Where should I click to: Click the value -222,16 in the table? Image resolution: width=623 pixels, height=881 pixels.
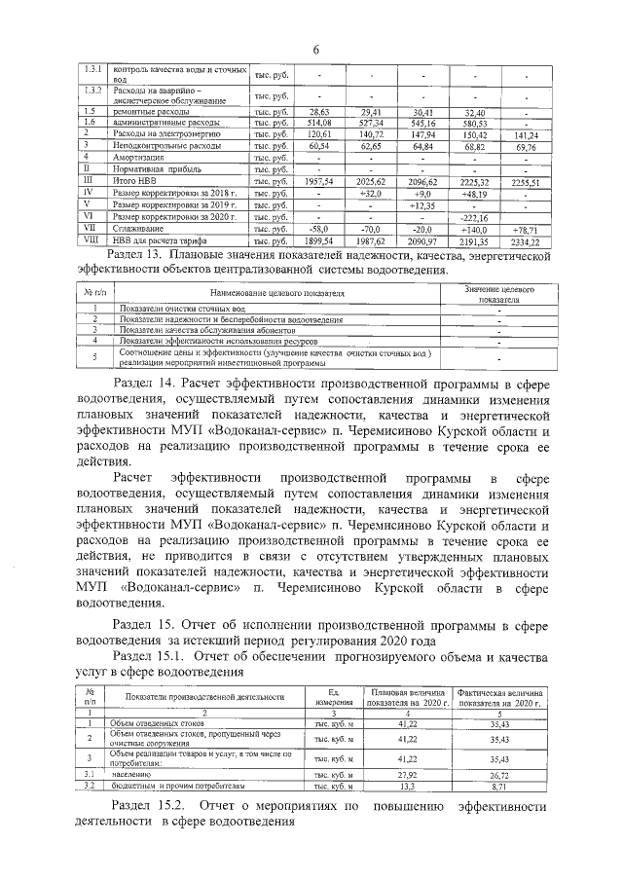(x=474, y=216)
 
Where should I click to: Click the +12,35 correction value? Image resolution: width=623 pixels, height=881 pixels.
(x=423, y=204)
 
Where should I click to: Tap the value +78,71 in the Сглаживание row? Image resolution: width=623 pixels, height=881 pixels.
(x=526, y=228)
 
